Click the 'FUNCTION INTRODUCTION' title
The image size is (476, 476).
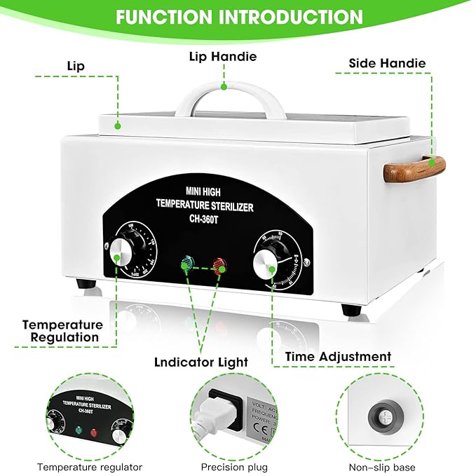[x=239, y=17]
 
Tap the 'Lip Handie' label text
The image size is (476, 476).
[x=222, y=56]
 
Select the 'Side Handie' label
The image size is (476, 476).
[x=387, y=63]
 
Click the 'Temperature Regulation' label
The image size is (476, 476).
[x=62, y=331]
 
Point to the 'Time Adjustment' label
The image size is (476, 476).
[x=338, y=357]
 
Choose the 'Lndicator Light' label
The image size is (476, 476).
[x=201, y=362]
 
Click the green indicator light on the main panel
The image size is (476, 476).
[x=187, y=265]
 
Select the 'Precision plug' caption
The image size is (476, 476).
[x=232, y=467]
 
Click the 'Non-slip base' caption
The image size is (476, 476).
[x=382, y=467]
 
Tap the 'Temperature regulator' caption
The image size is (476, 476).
[x=90, y=467]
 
